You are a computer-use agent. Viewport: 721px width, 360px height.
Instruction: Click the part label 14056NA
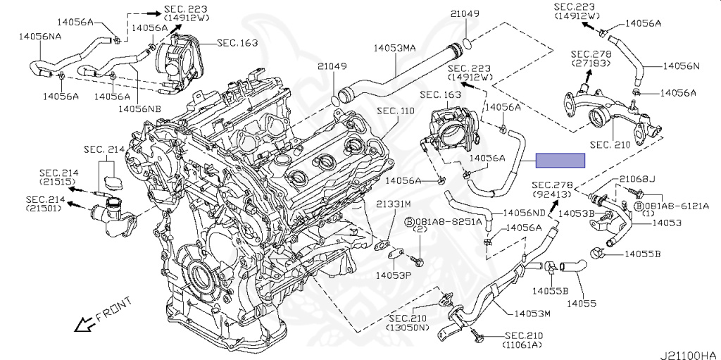point(39,35)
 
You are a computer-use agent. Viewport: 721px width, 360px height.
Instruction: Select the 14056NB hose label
point(139,108)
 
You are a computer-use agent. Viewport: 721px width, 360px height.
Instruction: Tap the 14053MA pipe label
point(396,49)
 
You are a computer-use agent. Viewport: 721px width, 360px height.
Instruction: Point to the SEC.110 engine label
point(396,111)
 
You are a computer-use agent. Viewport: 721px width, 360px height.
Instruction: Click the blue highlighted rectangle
point(560,160)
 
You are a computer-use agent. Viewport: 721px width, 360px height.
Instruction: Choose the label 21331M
point(392,204)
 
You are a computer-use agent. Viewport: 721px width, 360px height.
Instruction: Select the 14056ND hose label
point(523,212)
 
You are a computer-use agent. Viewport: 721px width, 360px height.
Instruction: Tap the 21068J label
point(637,179)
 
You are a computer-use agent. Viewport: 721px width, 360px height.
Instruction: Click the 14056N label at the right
point(680,66)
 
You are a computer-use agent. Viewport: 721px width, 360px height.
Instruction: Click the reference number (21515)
point(58,182)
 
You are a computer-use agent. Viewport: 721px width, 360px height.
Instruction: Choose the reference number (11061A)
point(522,345)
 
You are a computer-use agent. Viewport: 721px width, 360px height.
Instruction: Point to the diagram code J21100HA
point(689,354)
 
